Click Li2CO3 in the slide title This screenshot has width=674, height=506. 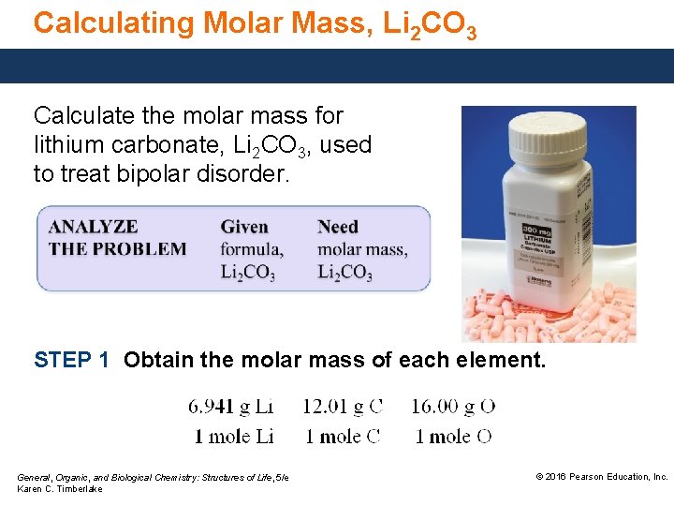[x=430, y=25]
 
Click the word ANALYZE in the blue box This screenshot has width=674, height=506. [x=93, y=227]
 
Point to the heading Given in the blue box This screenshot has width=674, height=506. [x=244, y=227]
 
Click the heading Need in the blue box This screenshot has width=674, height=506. [x=338, y=227]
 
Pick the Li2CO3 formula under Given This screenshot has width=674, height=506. [x=248, y=273]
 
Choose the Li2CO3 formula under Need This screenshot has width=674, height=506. [x=344, y=273]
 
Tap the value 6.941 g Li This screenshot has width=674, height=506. [x=230, y=407]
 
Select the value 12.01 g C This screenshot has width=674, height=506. [x=343, y=407]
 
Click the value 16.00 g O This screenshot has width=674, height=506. [x=453, y=407]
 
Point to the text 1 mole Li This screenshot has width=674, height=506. [x=233, y=436]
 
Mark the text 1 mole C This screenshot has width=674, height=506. [x=343, y=436]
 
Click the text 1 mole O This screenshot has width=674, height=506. [x=453, y=436]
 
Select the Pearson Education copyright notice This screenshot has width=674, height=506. [x=601, y=477]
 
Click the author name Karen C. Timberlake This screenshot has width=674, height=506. [x=60, y=489]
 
